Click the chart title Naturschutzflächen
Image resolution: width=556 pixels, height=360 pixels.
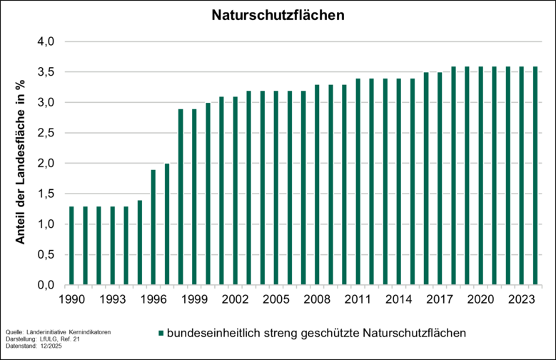click(x=278, y=15)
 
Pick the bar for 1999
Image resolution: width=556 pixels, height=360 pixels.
click(x=194, y=196)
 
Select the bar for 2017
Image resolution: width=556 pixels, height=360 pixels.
click(x=440, y=179)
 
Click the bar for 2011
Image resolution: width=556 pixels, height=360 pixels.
click(x=358, y=181)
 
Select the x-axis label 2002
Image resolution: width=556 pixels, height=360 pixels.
click(x=235, y=299)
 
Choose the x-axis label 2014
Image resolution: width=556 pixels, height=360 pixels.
click(x=399, y=299)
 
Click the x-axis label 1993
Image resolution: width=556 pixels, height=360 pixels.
click(x=112, y=299)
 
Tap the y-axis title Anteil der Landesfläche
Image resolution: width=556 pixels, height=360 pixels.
click(x=21, y=163)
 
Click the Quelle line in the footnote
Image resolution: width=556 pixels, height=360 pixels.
click(x=58, y=332)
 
